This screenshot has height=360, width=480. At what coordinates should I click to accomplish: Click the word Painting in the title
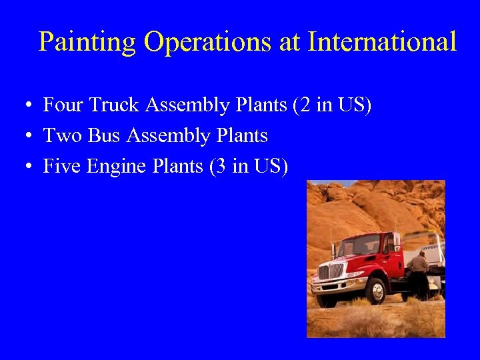[87, 42]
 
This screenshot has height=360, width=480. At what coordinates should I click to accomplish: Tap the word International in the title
[382, 42]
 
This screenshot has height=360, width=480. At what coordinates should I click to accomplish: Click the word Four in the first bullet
[63, 105]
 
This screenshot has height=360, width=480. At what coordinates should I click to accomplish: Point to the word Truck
[115, 105]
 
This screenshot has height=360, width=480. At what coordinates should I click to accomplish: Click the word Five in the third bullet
[62, 166]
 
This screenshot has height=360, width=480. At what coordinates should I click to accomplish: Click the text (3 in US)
[249, 166]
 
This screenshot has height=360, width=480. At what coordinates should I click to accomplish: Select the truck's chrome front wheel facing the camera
[377, 291]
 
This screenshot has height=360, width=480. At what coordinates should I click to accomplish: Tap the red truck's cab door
[391, 257]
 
